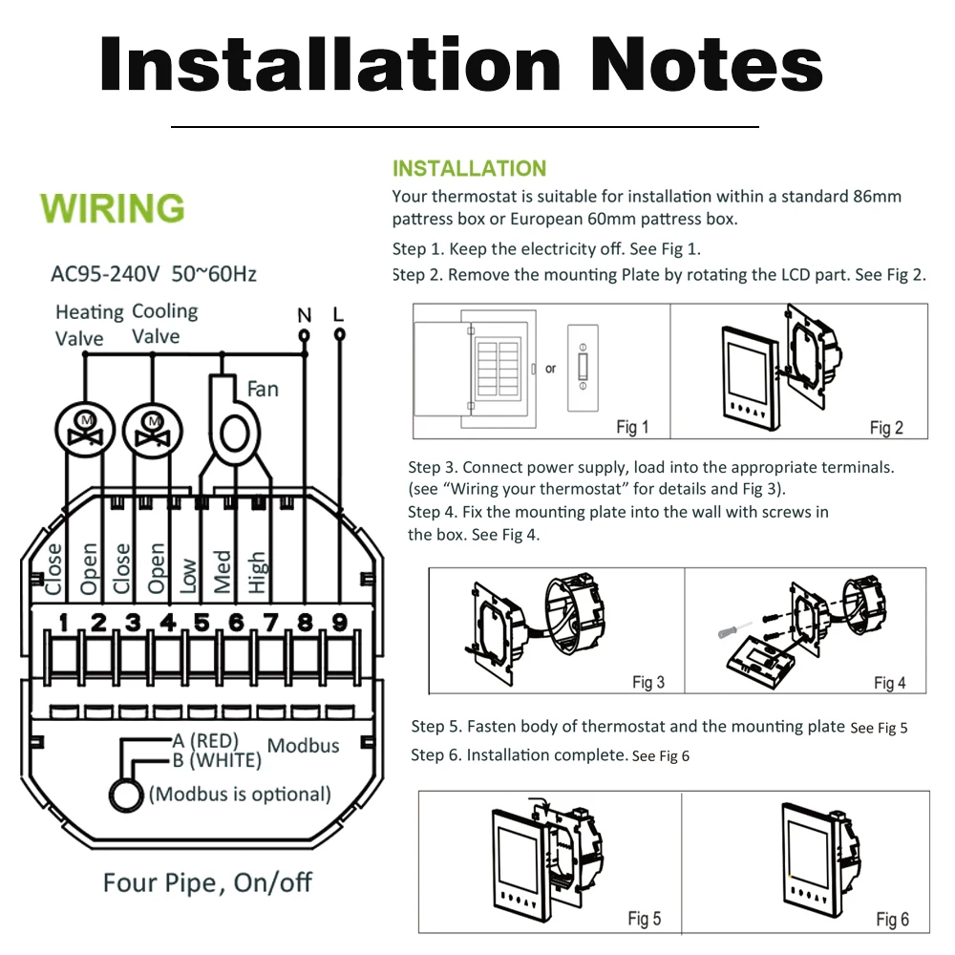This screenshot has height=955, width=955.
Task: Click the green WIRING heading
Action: [x=113, y=207]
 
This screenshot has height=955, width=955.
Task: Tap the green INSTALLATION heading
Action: [x=469, y=169]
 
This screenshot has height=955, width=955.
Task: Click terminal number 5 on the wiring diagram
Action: [x=202, y=623]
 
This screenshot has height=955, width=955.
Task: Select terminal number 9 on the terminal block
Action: [x=339, y=623]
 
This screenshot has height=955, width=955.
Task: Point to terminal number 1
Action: [x=63, y=623]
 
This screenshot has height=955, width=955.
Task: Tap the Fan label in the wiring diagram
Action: [x=263, y=389]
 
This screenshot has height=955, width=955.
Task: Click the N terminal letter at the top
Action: [x=304, y=314]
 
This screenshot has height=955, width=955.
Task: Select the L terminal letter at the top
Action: [x=339, y=313]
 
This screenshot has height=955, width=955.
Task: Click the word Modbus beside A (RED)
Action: [x=303, y=745]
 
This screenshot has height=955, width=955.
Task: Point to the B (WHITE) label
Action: [x=216, y=760]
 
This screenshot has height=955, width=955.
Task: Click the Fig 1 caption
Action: [x=631, y=427]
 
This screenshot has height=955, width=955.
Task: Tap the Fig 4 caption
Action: [x=889, y=682]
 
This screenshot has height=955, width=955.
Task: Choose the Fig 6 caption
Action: [x=892, y=919]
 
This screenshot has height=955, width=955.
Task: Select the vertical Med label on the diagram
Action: [x=223, y=571]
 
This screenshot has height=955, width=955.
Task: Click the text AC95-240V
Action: [x=105, y=274]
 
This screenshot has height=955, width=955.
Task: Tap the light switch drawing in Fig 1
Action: [x=582, y=369]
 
